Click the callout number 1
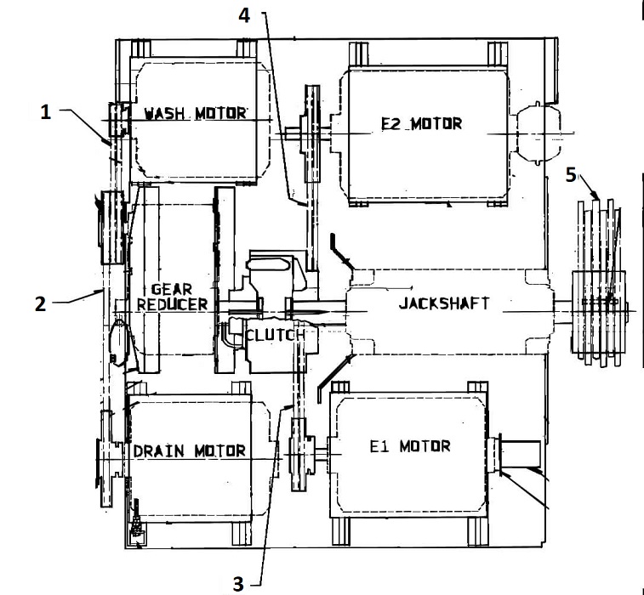[x=46, y=111]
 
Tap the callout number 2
[x=40, y=304]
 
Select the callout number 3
[x=238, y=583]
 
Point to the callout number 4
[x=244, y=15]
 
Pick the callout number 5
[x=571, y=175]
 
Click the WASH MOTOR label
[x=195, y=113]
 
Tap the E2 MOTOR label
[x=422, y=123]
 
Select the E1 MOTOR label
[x=410, y=446]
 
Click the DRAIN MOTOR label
[x=190, y=451]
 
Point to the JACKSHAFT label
[x=444, y=303]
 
